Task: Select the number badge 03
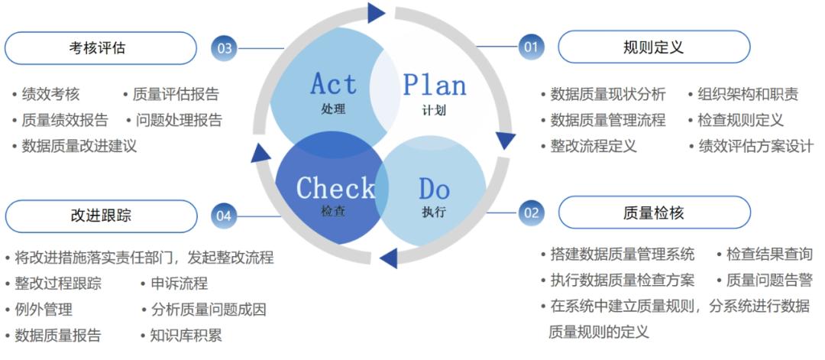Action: tap(225, 48)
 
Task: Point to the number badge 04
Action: tap(224, 216)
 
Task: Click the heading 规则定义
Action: tap(653, 47)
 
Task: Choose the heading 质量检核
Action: tap(653, 212)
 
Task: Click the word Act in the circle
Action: tap(334, 84)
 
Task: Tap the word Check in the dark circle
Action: tap(335, 187)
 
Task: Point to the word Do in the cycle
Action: tap(435, 189)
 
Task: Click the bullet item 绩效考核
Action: tap(50, 94)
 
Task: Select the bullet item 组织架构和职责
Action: tap(748, 94)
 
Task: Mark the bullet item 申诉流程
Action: tap(180, 284)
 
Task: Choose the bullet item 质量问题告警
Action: tap(769, 281)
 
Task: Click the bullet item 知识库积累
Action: tap(186, 336)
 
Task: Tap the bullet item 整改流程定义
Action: tap(594, 146)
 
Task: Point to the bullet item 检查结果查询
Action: tap(769, 255)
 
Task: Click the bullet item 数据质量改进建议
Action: tap(79, 146)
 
